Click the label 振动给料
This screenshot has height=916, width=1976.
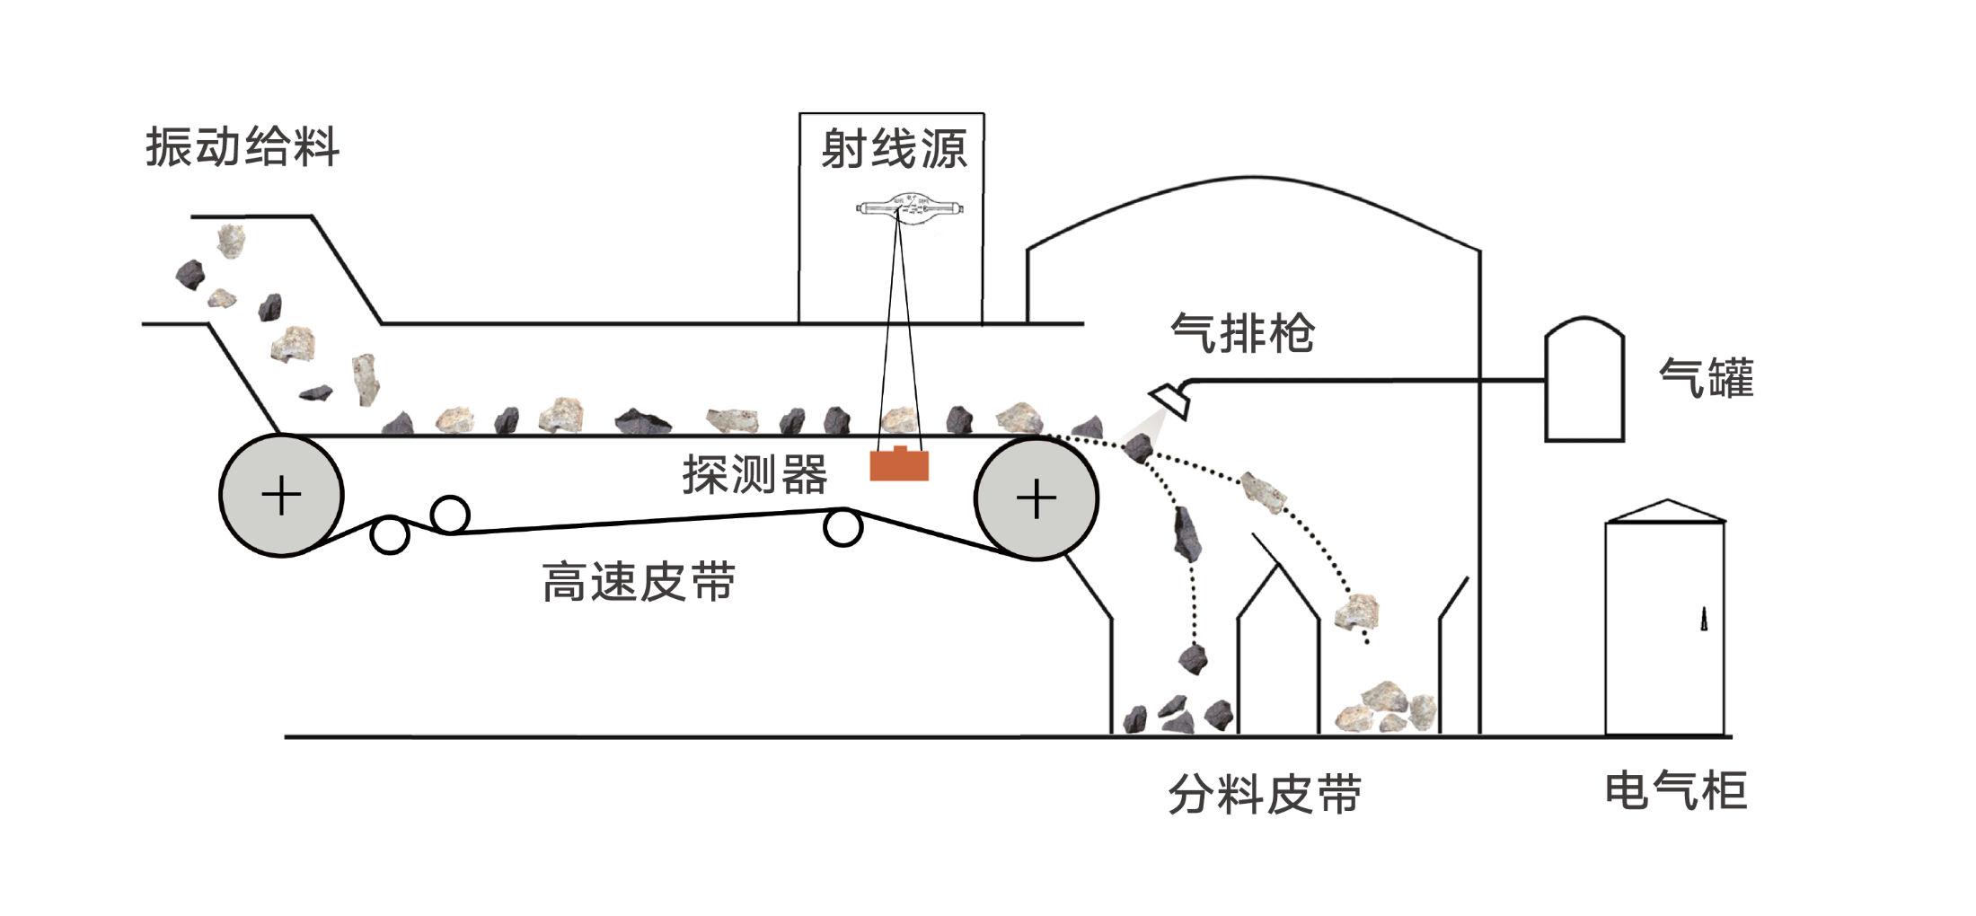coord(243,147)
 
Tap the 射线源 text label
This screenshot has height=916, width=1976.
coord(894,149)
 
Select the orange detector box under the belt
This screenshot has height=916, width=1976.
coord(899,465)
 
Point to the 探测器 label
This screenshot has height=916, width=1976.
coord(754,474)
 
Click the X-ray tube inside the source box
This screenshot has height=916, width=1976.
coord(910,209)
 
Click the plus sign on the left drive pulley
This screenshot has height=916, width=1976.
coord(281,496)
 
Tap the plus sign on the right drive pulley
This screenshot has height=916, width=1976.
coord(1036,498)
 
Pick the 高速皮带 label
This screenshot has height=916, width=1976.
coord(639,582)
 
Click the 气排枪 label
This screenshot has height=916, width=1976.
coord(1242,334)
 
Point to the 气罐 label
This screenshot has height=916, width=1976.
coord(1706,378)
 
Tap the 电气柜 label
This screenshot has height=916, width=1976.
coord(1675,791)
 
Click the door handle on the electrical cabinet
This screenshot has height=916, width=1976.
coord(1703,619)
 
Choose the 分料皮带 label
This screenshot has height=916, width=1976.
coord(1265,795)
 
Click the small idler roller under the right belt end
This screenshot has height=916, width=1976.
coord(842,527)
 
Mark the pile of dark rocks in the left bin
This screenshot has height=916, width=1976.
coord(1177,715)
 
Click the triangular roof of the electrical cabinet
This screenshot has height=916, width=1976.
coord(1666,511)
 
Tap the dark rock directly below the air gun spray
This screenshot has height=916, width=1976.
coord(1138,447)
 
